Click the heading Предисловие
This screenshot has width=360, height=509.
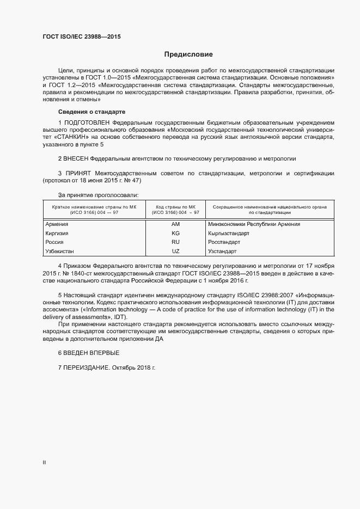click(189, 54)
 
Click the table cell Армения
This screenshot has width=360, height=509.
click(56, 224)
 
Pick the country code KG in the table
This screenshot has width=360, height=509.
click(175, 232)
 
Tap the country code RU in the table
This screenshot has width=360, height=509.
click(175, 242)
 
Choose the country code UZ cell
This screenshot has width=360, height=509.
click(175, 251)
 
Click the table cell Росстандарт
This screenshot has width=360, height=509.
click(224, 242)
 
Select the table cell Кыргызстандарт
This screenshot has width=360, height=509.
click(228, 232)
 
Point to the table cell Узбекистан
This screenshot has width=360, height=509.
click(59, 251)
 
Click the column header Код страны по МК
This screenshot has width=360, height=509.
click(176, 207)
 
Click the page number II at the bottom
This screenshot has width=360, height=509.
click(44, 463)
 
